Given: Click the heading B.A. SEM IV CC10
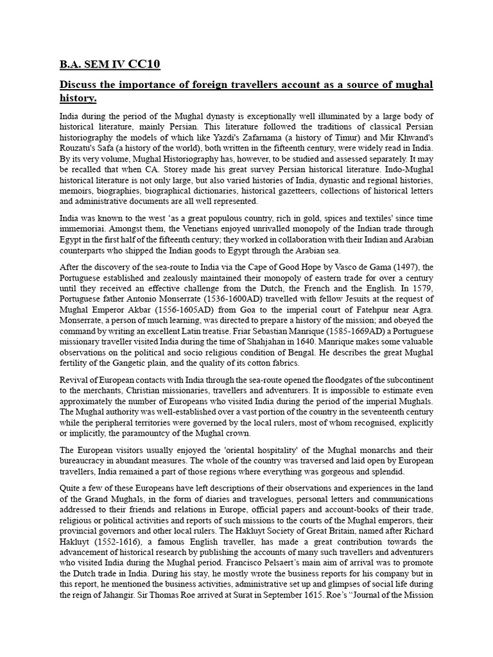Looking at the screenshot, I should pyautogui.click(x=110, y=64).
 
